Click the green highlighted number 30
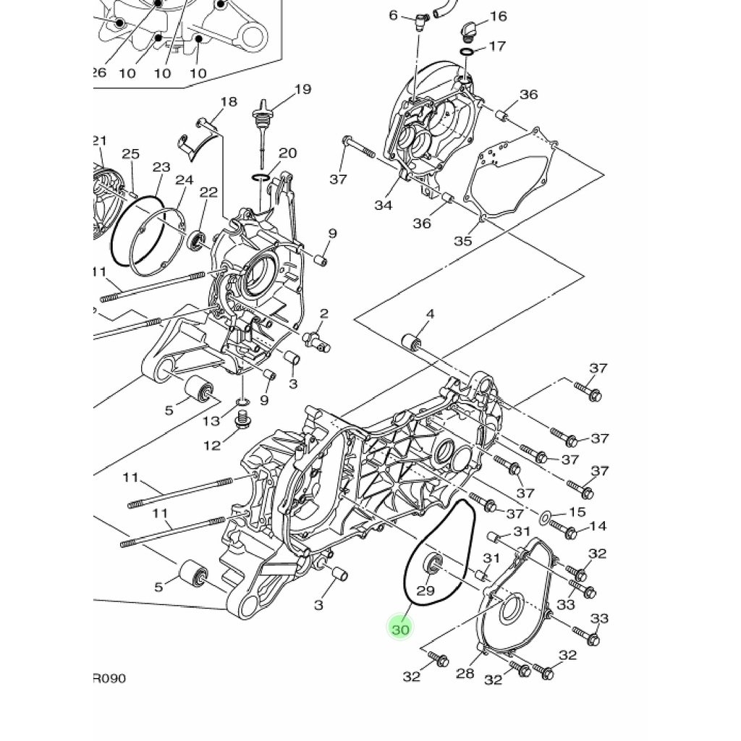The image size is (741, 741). pyautogui.click(x=399, y=630)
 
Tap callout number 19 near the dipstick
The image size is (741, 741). pyautogui.click(x=303, y=89)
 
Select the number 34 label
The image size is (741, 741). pyautogui.click(x=384, y=205)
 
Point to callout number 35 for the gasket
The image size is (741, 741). pyautogui.click(x=463, y=240)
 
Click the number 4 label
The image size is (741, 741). pyautogui.click(x=430, y=314)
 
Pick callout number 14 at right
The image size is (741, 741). pyautogui.click(x=598, y=526)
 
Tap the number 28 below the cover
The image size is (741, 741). pyautogui.click(x=465, y=673)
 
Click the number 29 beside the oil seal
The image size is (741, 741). pyautogui.click(x=425, y=590)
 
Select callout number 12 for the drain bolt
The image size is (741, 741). pyautogui.click(x=212, y=445)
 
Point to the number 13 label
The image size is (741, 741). pyautogui.click(x=211, y=420)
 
